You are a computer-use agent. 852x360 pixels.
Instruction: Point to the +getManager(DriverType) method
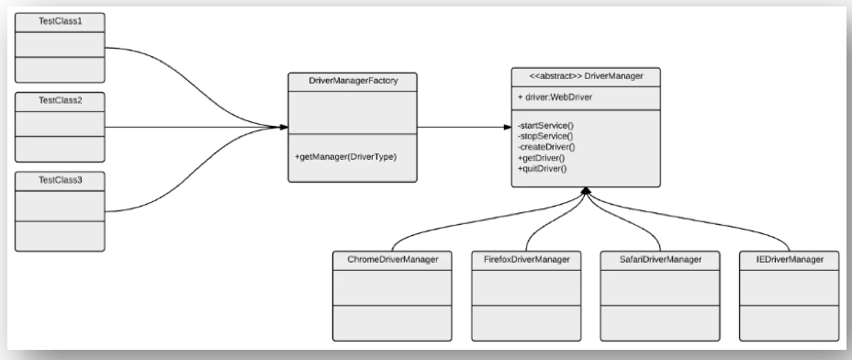(x=342, y=157)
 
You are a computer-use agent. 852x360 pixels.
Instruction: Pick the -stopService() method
(x=547, y=135)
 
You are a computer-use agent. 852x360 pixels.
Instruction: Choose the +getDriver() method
(x=543, y=157)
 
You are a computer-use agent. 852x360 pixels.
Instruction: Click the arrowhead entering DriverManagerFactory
(x=280, y=128)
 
